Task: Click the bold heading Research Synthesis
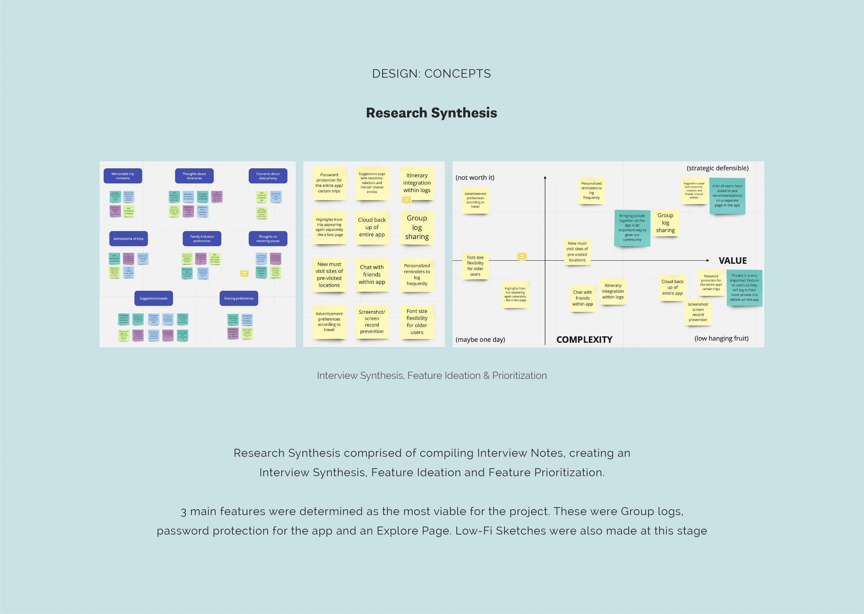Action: [x=431, y=113]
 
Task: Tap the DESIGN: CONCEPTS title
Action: [x=431, y=73]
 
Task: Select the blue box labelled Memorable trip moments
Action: [x=123, y=176]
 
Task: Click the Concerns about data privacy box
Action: [x=268, y=176]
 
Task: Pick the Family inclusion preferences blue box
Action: [x=202, y=238]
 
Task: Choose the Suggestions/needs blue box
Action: [x=153, y=298]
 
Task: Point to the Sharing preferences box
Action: [x=238, y=298]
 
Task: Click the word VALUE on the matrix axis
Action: [x=732, y=261]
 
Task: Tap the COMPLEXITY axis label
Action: [x=584, y=340]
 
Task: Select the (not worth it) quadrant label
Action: [x=475, y=177]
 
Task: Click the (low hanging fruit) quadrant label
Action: [x=721, y=338]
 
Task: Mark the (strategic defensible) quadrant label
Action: [x=717, y=168]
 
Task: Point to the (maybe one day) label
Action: [x=480, y=340]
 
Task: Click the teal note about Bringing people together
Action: [x=632, y=228]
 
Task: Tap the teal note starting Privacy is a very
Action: [x=744, y=287]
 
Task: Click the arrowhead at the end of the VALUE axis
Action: [x=707, y=261]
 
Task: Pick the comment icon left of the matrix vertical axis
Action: [x=522, y=257]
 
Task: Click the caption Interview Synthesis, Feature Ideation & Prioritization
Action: [x=431, y=376]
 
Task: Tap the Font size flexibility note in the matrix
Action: [x=475, y=266]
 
